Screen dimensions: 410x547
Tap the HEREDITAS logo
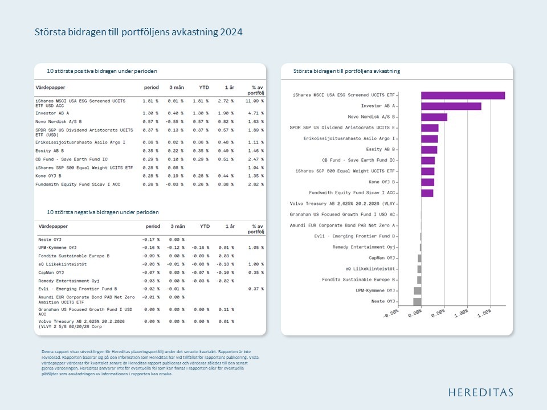point(480,392)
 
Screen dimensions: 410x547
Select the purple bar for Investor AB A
point(451,106)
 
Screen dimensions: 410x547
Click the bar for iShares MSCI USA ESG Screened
point(463,95)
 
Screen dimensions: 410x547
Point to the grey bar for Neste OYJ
point(417,301)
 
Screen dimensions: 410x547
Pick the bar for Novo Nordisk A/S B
point(434,117)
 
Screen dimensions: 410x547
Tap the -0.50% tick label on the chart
point(390,314)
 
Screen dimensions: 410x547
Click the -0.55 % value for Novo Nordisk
point(174,121)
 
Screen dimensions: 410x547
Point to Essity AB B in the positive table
point(50,151)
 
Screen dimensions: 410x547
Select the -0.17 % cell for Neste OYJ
point(150,240)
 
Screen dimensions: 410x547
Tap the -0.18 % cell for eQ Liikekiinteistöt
point(226,264)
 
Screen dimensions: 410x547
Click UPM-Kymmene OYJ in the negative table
point(57,248)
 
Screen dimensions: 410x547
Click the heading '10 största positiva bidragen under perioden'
point(102,71)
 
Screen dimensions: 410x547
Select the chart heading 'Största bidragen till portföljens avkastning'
point(346,71)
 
